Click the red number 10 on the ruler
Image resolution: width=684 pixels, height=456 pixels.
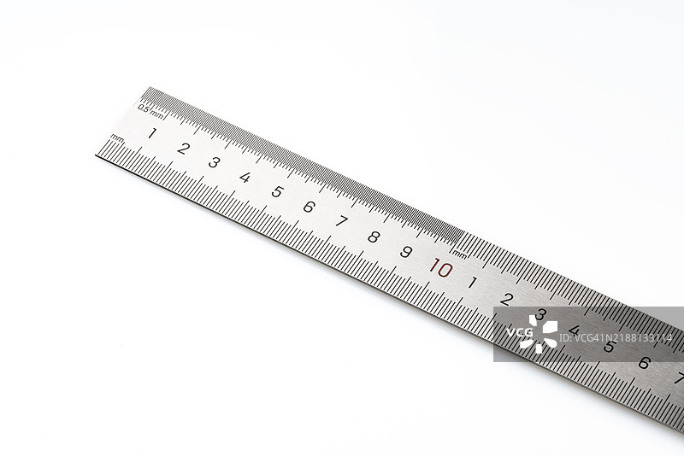tap(441, 268)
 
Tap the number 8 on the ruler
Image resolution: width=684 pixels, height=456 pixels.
tap(374, 237)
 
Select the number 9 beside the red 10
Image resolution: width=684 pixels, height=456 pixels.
tap(406, 252)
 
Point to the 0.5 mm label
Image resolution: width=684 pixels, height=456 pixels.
tap(151, 110)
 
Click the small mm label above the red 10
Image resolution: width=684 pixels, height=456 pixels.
tap(460, 253)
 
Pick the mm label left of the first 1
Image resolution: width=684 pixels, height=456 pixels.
tap(117, 138)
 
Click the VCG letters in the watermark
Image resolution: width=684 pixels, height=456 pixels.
tap(520, 333)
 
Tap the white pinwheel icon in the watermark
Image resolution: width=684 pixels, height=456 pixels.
tap(540, 334)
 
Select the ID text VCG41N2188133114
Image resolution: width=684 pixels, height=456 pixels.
tap(616, 338)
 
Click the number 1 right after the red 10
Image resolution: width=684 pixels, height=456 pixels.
tap(472, 283)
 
